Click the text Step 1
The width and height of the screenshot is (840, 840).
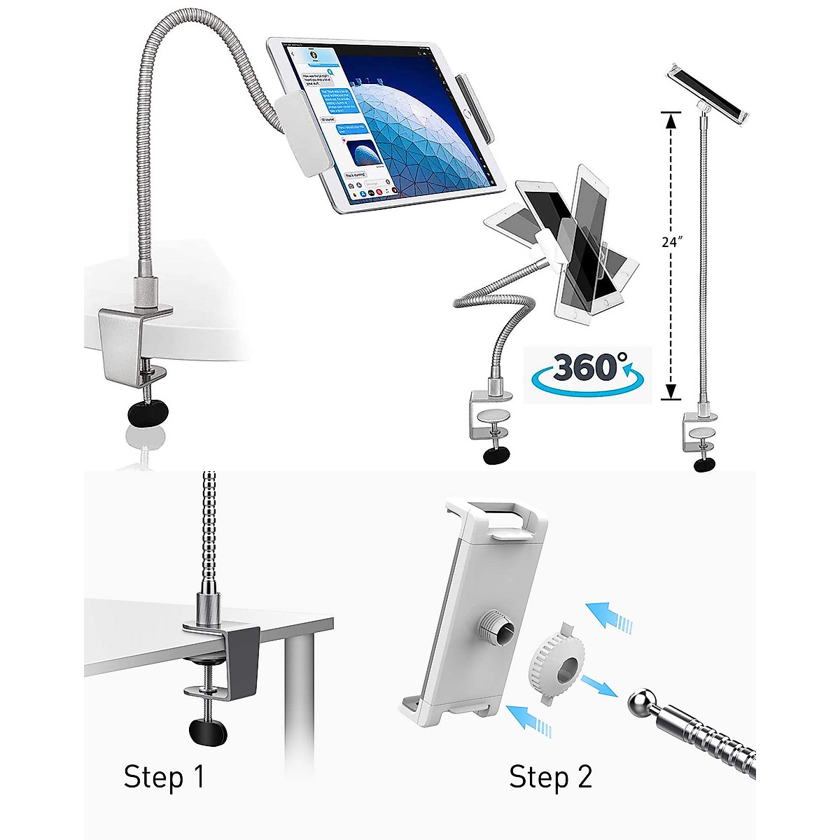click(164, 778)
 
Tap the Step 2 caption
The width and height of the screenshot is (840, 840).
click(550, 778)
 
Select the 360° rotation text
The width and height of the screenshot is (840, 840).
click(590, 365)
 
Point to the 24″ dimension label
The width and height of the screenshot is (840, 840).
click(671, 242)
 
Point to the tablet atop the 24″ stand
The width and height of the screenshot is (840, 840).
click(707, 91)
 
